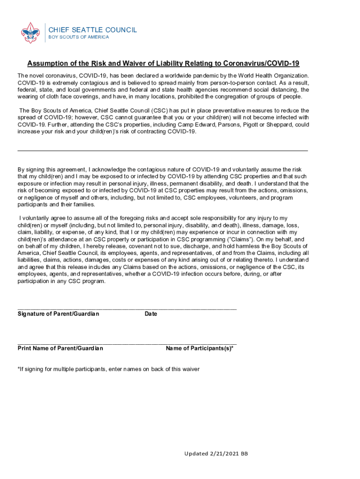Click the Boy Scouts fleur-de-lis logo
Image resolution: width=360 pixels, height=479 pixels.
tap(30, 32)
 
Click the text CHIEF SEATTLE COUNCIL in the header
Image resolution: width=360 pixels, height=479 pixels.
tap(93, 30)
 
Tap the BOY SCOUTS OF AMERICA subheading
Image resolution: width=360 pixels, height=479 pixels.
tap(79, 37)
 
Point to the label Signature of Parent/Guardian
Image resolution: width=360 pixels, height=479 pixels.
tap(58, 314)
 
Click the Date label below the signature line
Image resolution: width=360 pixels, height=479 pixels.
tap(151, 314)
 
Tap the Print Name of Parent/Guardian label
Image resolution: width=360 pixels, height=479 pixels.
tap(60, 348)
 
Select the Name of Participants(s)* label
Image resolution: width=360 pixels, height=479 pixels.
tap(200, 348)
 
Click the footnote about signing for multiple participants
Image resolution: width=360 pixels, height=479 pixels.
tap(108, 369)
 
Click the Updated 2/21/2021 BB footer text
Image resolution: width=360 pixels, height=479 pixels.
tap(216, 454)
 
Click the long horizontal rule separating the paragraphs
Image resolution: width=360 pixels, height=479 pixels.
tap(163, 151)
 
